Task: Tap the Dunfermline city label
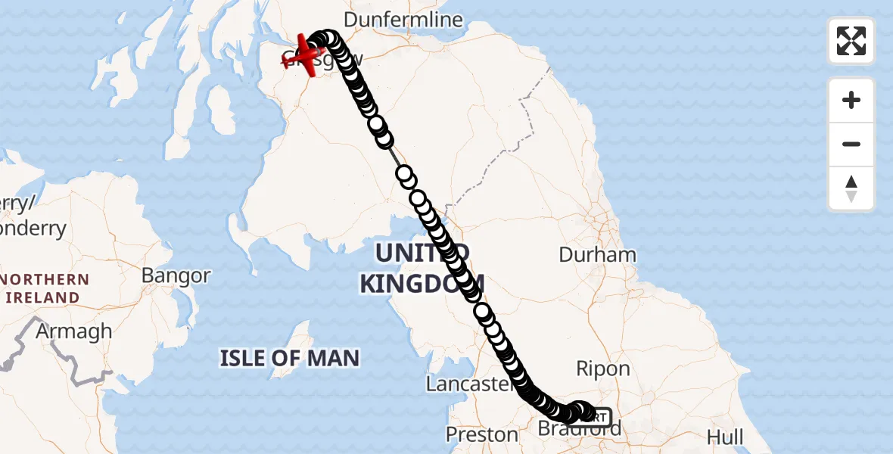pos(403,20)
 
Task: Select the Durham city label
pos(597,254)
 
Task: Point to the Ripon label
pos(603,368)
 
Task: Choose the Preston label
pos(482,435)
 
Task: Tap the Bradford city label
pos(579,430)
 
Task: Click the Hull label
pos(724,437)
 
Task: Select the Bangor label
pos(176,275)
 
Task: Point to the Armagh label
pos(74,331)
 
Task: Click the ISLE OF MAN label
pos(290,357)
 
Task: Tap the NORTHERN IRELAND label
pos(45,288)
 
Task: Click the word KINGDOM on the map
pos(421,285)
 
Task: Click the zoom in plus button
pos(851,100)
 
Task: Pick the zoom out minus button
pos(851,144)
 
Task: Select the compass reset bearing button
pos(851,188)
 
